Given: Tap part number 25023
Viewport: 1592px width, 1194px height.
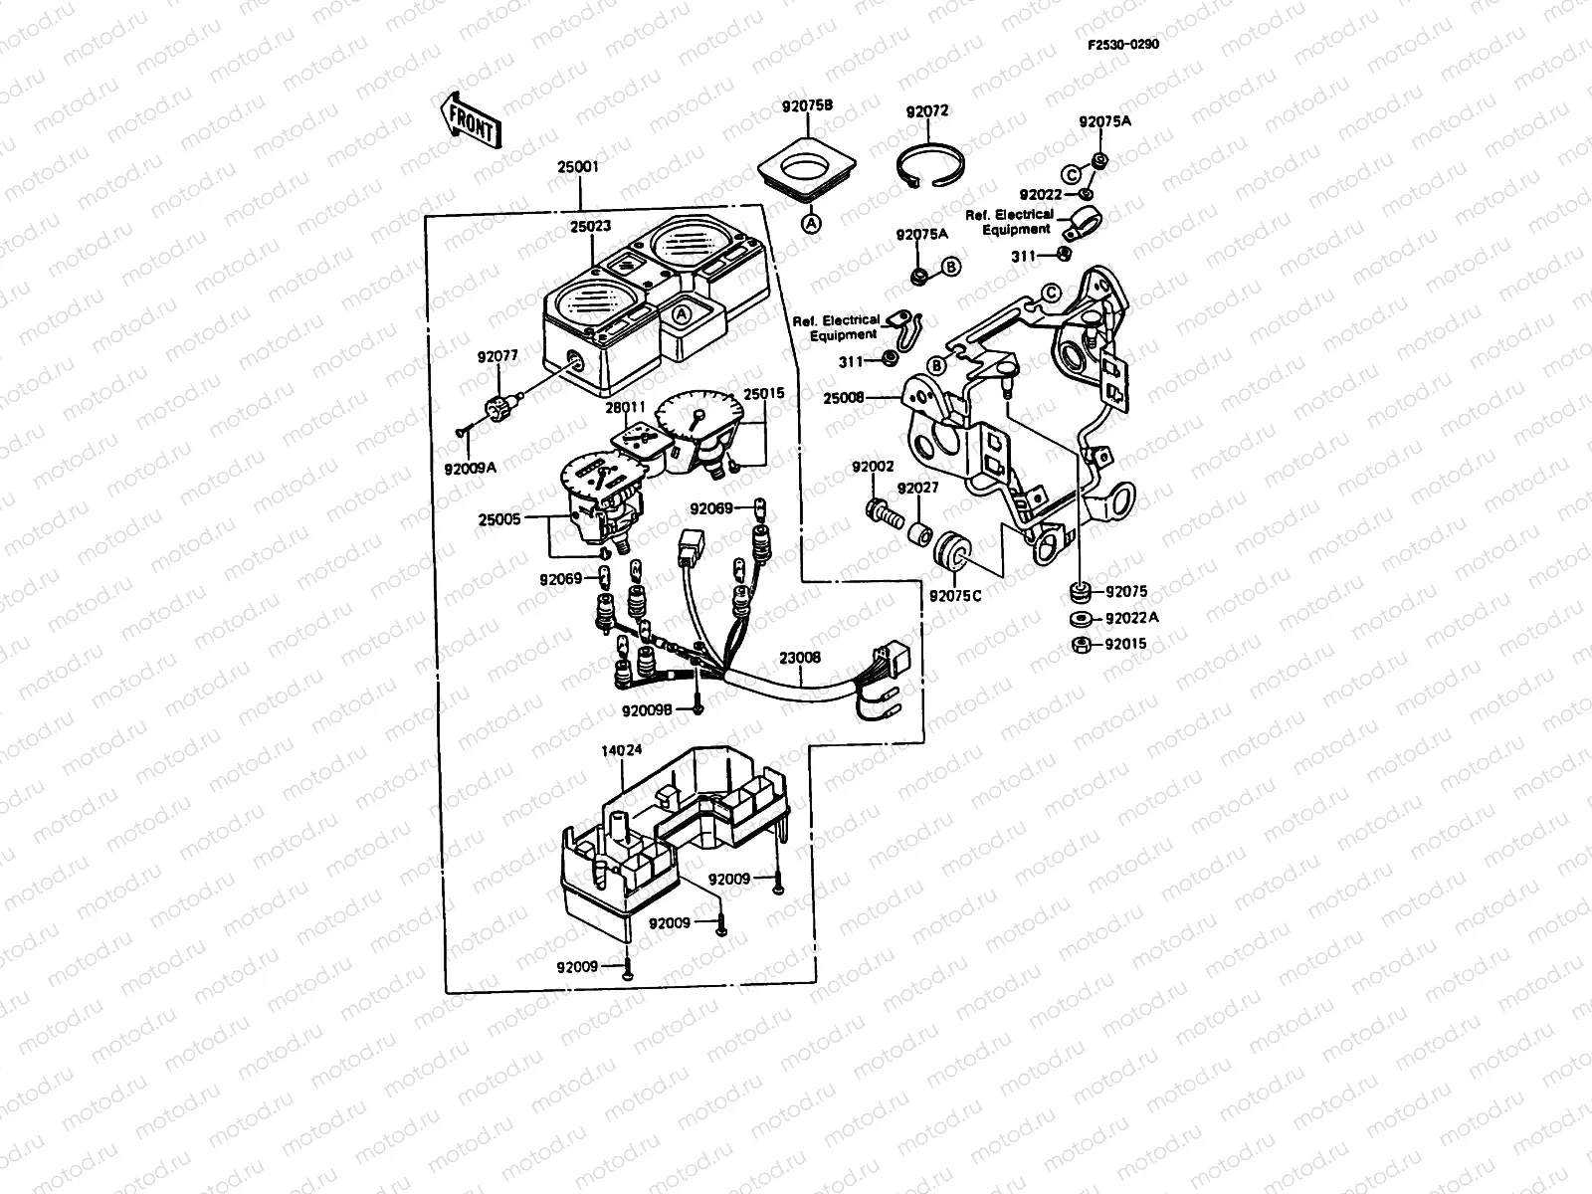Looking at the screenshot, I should [590, 227].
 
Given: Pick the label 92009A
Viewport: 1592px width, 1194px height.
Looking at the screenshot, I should [472, 462].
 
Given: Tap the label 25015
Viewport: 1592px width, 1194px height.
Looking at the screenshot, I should [764, 394].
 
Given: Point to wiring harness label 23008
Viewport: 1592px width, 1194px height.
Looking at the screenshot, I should [799, 658].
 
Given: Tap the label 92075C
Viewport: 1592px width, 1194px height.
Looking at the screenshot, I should [955, 595].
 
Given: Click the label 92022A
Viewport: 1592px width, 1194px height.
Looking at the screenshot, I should [1132, 618].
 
